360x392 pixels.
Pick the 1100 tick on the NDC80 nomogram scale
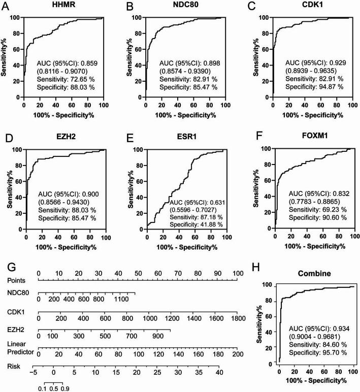coord(121,300)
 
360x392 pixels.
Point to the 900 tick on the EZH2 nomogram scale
coord(157,336)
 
